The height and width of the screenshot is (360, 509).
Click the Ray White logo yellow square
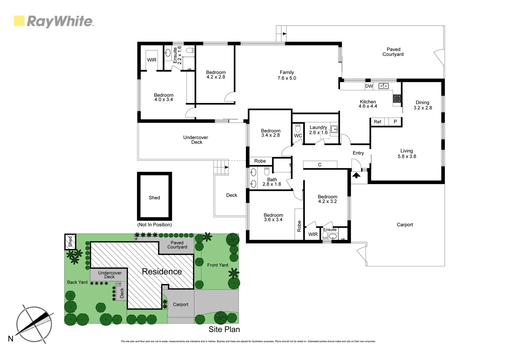tap(19, 21)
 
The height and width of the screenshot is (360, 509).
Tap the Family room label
tap(286, 75)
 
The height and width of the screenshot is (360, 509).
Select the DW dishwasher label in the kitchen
tap(369, 86)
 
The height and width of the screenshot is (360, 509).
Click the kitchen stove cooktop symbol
tap(397, 98)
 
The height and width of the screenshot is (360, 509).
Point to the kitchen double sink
tap(383, 86)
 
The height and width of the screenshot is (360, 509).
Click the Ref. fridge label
tap(378, 122)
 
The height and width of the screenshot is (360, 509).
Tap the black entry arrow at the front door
tap(356, 175)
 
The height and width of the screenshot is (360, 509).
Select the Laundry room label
tap(318, 130)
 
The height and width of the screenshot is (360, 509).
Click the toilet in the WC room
tap(298, 128)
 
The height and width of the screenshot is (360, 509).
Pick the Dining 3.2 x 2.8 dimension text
tap(422, 108)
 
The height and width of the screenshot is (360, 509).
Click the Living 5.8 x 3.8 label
tap(406, 153)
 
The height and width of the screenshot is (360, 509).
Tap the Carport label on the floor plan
tap(404, 225)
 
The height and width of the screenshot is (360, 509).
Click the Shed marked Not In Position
tap(154, 197)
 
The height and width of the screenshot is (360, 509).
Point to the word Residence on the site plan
tap(162, 271)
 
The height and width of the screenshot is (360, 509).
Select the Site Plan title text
tap(224, 329)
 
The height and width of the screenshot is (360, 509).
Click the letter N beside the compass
tap(11, 339)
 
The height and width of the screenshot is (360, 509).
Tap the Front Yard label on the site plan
tap(218, 265)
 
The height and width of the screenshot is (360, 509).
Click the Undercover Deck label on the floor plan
tap(196, 140)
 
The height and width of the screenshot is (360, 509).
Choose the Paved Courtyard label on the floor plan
tap(393, 52)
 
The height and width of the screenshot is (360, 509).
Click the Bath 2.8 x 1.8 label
tap(272, 182)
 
